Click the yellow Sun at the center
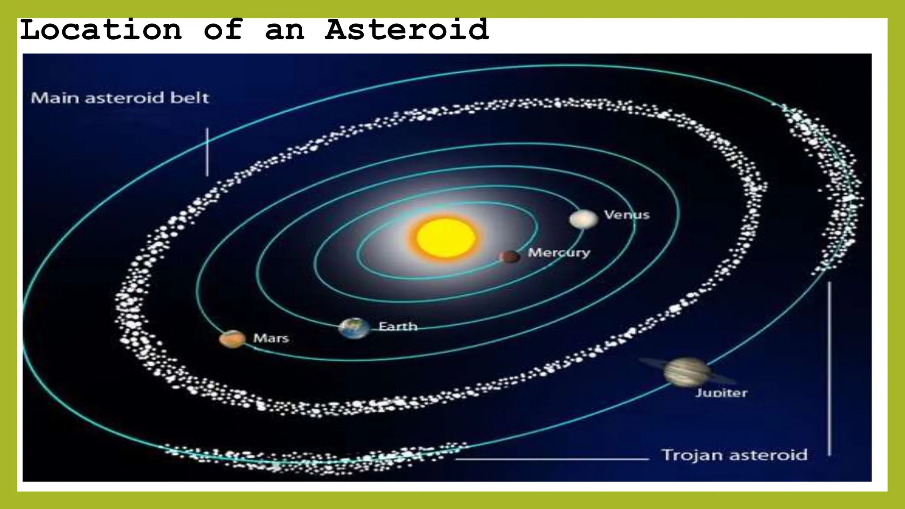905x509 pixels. [445, 238]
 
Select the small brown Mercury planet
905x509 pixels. [510, 256]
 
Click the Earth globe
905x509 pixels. [354, 328]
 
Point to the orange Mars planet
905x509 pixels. [232, 339]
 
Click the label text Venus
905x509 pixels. [627, 215]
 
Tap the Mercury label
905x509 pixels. [559, 253]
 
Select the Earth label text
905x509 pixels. [398, 327]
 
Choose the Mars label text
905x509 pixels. [271, 338]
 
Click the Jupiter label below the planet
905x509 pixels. [721, 393]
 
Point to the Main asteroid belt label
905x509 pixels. [120, 98]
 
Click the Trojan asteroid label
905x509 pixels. [734, 455]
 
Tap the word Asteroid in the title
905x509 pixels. [407, 30]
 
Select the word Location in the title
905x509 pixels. [101, 30]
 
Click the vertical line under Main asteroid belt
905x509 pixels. [207, 152]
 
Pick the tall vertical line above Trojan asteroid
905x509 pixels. [829, 368]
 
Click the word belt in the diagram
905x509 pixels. [190, 98]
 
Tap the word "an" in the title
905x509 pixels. [285, 30]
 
